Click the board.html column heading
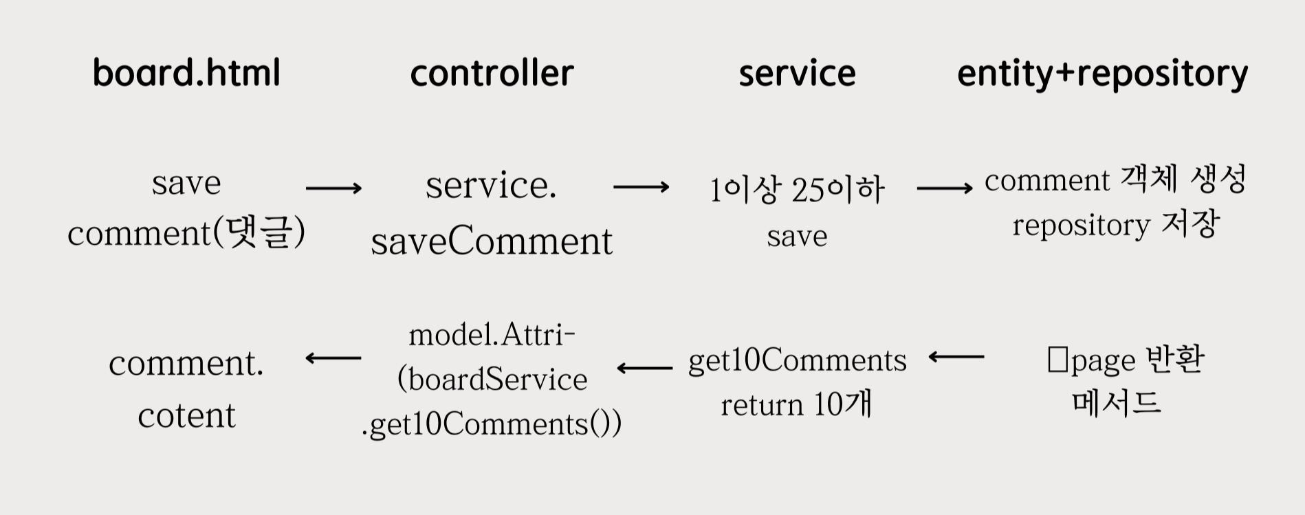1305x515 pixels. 186,73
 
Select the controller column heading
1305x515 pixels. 492,73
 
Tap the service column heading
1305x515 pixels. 797,73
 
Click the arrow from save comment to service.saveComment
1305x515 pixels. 333,188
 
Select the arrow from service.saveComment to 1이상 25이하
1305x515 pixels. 641,187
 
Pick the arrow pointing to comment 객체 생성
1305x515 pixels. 945,188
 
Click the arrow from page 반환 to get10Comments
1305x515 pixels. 956,357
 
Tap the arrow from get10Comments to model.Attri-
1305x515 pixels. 644,369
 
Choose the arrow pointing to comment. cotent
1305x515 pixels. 333,358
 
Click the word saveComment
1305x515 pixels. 492,241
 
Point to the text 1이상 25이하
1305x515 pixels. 797,190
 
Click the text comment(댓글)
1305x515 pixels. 186,233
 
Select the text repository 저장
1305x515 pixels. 1115,225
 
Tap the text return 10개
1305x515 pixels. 797,404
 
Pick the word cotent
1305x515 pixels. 186,415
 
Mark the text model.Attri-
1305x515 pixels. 492,335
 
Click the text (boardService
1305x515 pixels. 492,379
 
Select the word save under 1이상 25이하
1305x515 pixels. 797,236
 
